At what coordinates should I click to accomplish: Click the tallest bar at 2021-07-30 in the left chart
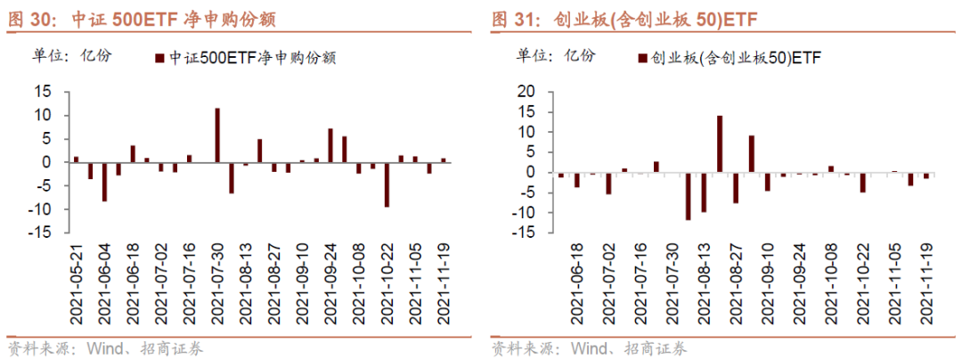click(217, 135)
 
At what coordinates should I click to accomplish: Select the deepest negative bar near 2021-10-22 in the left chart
click(387, 184)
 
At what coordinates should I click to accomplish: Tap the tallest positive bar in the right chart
click(720, 143)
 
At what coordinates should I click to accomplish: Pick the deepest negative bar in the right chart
click(688, 195)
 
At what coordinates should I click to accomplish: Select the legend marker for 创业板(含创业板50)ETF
click(641, 58)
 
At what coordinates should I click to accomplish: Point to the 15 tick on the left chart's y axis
click(53, 92)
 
